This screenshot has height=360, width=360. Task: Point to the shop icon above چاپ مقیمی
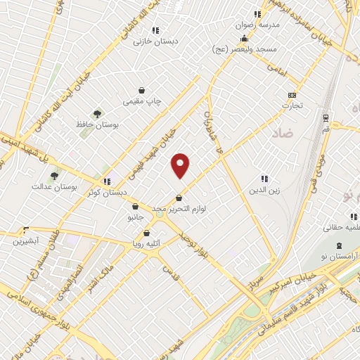(x=142, y=91)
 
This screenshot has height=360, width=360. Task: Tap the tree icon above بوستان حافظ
(x=97, y=113)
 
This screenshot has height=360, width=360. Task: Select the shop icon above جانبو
(x=134, y=207)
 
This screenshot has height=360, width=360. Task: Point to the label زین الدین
(x=264, y=190)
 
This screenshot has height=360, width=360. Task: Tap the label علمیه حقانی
(x=340, y=228)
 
